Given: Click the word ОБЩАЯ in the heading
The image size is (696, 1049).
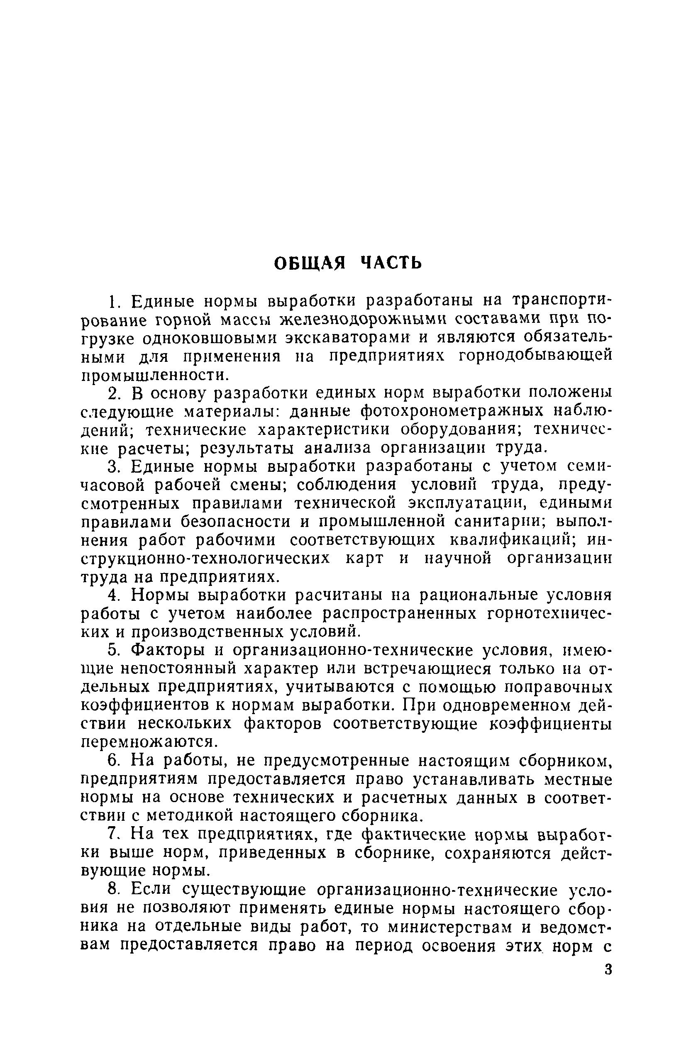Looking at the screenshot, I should tap(309, 263).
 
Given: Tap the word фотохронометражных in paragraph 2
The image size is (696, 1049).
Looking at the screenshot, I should tap(452, 412).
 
